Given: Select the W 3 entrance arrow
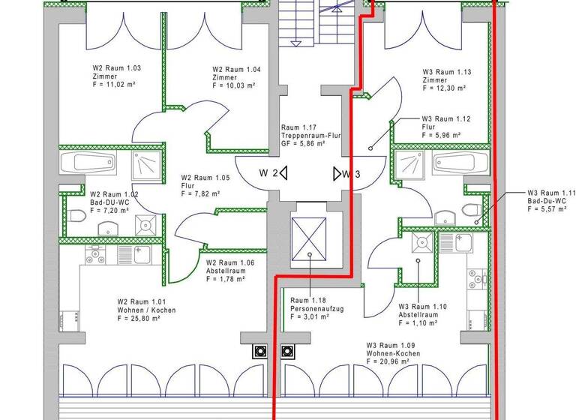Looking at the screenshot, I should pyautogui.click(x=336, y=174).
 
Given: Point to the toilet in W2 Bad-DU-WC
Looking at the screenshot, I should pyautogui.click(x=77, y=217).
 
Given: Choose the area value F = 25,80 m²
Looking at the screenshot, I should pyautogui.click(x=139, y=319).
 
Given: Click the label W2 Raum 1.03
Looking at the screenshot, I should pyautogui.click(x=112, y=68).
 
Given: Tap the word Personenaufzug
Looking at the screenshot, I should pyautogui.click(x=310, y=308).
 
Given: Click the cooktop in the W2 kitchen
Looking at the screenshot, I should pyautogui.click(x=95, y=255).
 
